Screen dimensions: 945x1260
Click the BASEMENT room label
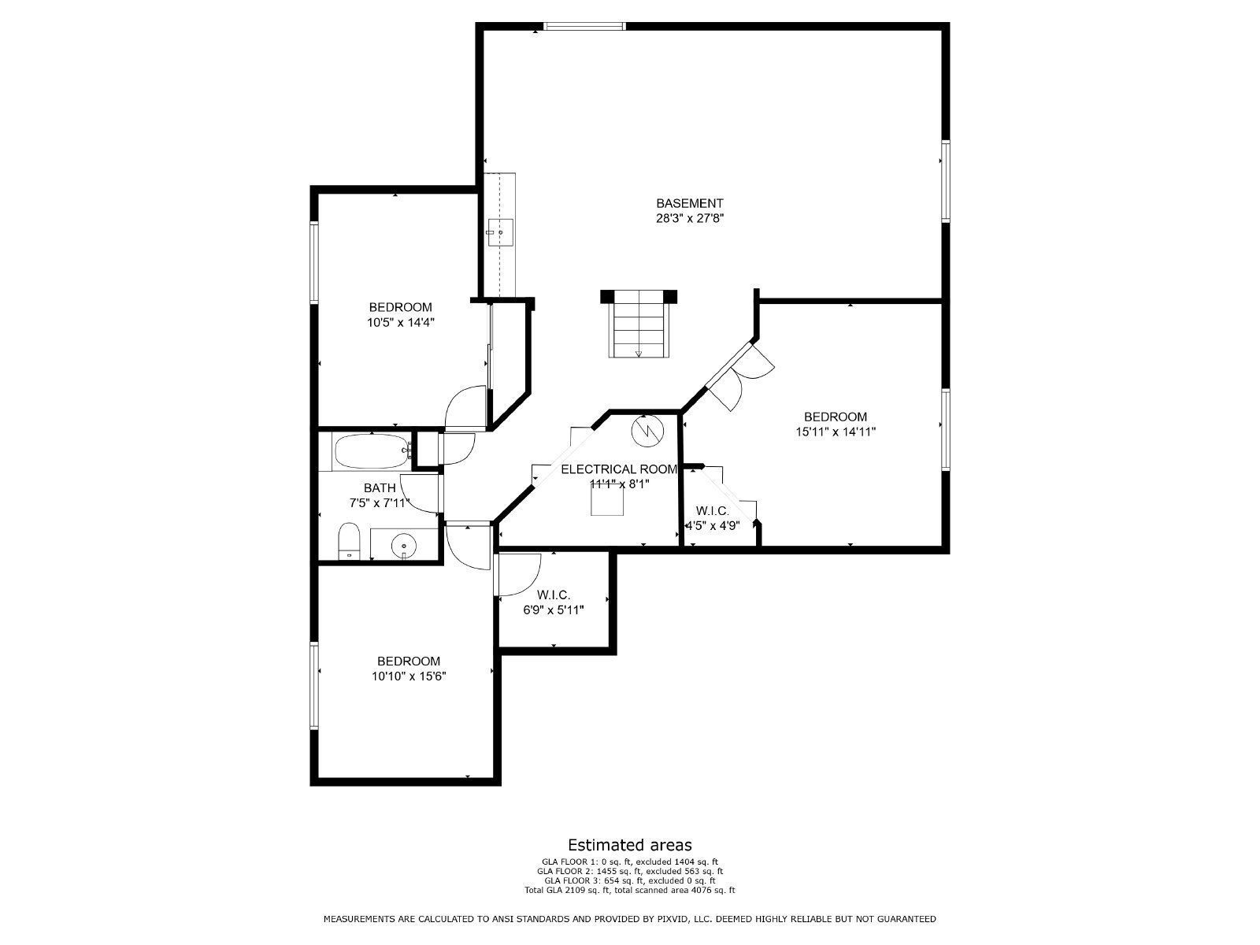[x=689, y=203]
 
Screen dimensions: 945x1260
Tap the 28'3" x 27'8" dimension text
[x=689, y=219]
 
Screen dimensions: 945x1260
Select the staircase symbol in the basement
[x=638, y=324]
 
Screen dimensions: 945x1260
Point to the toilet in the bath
[x=348, y=542]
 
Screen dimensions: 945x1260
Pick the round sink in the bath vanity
[x=404, y=543]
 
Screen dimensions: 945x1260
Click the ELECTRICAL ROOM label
[x=618, y=469]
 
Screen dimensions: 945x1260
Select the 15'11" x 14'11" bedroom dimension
[x=836, y=432]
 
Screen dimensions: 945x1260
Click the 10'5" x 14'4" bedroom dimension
[x=401, y=322]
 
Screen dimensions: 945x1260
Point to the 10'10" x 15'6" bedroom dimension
[x=409, y=676]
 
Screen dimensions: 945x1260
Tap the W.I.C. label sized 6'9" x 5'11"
[x=554, y=595]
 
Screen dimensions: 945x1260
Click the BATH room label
[x=380, y=488]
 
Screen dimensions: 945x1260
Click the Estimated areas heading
[x=630, y=845]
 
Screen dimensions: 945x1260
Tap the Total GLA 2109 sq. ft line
[x=630, y=891]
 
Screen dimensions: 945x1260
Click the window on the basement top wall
[x=585, y=26]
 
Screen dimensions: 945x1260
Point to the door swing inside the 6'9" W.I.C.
[x=518, y=575]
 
